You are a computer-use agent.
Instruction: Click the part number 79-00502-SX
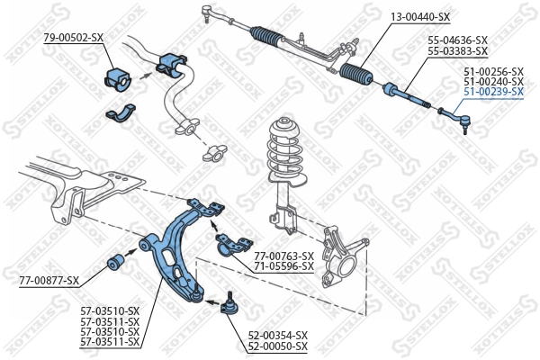74,37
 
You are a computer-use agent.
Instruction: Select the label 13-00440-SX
420,17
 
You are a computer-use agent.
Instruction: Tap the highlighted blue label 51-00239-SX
493,92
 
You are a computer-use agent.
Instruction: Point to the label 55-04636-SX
457,40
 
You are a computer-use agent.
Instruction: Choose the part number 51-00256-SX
493,70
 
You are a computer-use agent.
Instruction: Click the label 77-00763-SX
283,256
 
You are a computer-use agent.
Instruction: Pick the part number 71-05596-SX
283,266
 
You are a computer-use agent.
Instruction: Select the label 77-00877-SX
49,281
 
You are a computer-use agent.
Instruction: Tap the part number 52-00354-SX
277,335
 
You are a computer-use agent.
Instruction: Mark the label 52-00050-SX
277,346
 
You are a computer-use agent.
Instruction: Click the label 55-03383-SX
457,51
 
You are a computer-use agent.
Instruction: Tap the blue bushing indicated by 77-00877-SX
116,263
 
